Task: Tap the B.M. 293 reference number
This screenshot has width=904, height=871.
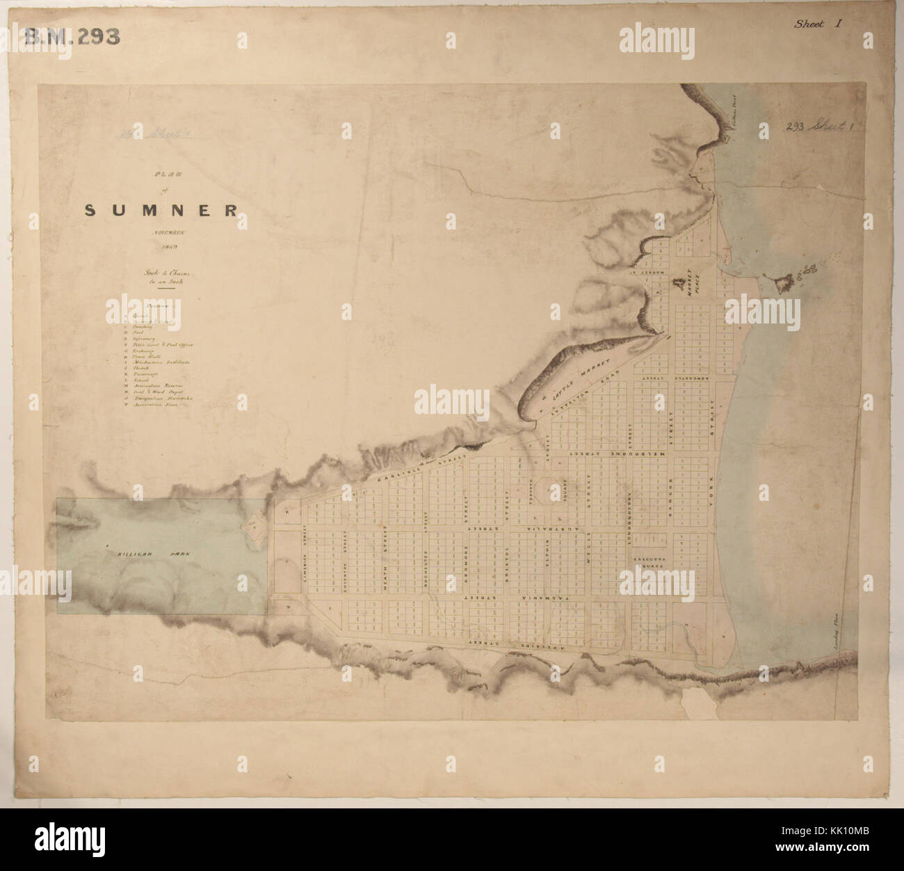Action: [x=72, y=36]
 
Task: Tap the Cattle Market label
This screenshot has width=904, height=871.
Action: [x=579, y=376]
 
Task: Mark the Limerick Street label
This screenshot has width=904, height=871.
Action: [x=305, y=550]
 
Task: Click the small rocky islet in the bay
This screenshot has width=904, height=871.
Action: [x=784, y=282]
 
